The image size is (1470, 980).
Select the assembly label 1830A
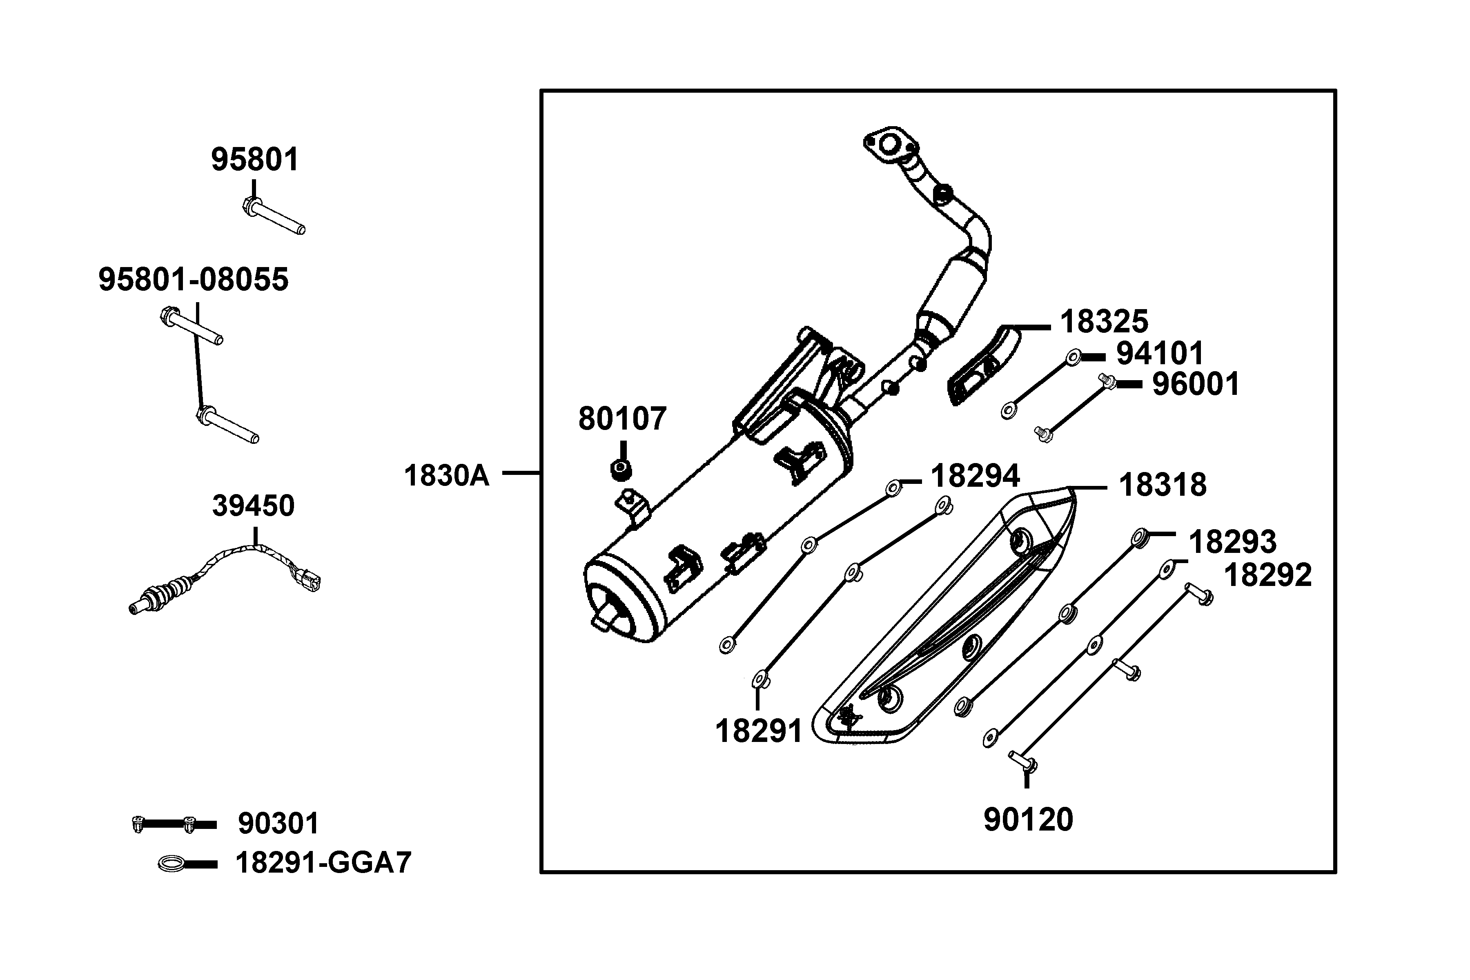click(446, 476)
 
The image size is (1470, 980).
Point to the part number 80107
click(622, 419)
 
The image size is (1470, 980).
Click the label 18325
click(1104, 322)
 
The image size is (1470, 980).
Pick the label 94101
click(1160, 354)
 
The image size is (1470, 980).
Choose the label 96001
click(1196, 384)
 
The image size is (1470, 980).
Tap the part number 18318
click(1163, 485)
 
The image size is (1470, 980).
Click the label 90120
click(1028, 820)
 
